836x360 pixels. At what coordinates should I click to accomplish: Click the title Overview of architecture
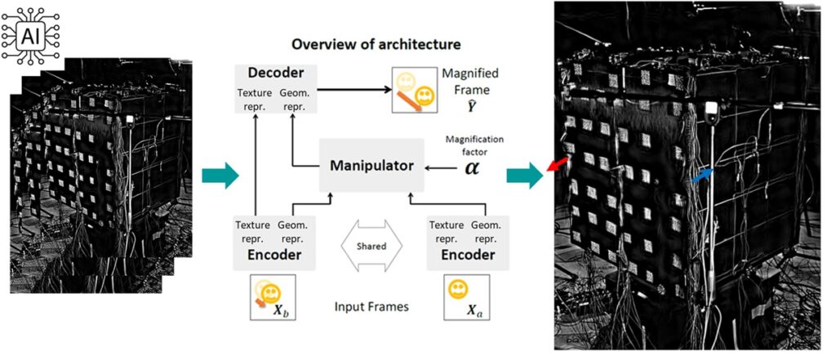click(376, 43)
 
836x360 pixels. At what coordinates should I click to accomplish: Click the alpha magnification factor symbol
click(472, 167)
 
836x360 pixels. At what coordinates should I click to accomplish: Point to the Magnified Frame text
click(470, 80)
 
